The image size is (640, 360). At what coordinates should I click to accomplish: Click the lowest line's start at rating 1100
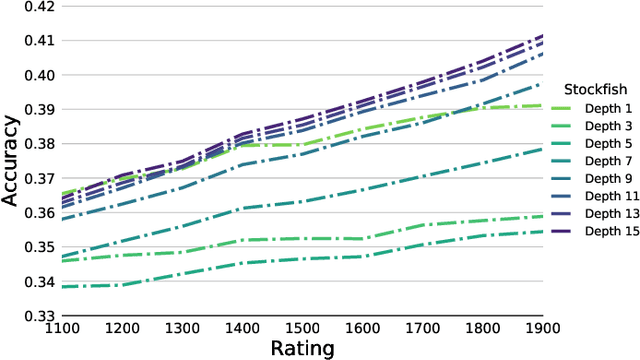(x=62, y=286)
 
